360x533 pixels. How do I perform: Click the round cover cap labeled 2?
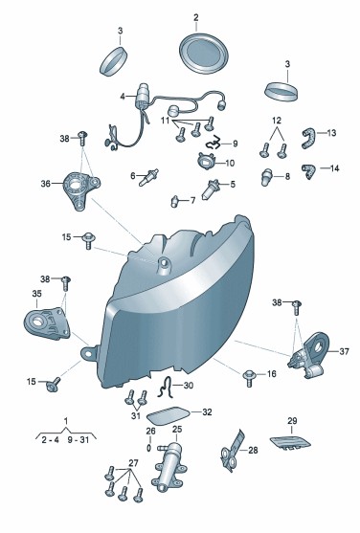(204, 53)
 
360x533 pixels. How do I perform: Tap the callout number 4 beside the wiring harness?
(123, 97)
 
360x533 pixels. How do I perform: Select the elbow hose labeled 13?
(308, 138)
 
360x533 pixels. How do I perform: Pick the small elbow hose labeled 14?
(308, 171)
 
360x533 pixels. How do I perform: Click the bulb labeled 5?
(211, 189)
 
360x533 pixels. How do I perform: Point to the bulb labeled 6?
(148, 177)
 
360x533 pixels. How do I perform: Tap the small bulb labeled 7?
(174, 202)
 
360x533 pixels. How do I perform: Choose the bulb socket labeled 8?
(266, 177)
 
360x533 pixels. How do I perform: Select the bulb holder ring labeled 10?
(206, 161)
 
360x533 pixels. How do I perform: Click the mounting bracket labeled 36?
(80, 189)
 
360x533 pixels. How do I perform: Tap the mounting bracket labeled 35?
(47, 323)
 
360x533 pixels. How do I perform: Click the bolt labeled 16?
(248, 378)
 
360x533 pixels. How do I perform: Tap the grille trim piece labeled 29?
(290, 443)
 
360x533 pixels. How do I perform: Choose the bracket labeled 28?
(233, 451)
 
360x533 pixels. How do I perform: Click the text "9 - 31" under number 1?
(78, 440)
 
